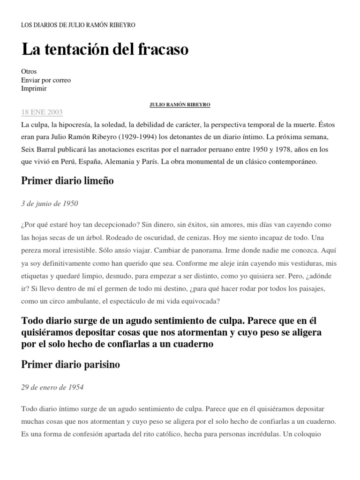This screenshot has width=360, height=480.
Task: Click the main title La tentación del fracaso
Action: click(105, 49)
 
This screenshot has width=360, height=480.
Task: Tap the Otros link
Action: click(29, 72)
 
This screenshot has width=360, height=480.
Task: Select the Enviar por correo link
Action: click(46, 80)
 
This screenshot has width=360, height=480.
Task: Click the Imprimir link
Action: click(34, 89)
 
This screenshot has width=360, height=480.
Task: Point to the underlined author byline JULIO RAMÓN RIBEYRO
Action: click(180, 105)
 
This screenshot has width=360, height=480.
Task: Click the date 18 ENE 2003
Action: click(42, 112)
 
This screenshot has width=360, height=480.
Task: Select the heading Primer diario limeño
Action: click(67, 182)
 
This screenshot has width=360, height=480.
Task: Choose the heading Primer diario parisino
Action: click(71, 365)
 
